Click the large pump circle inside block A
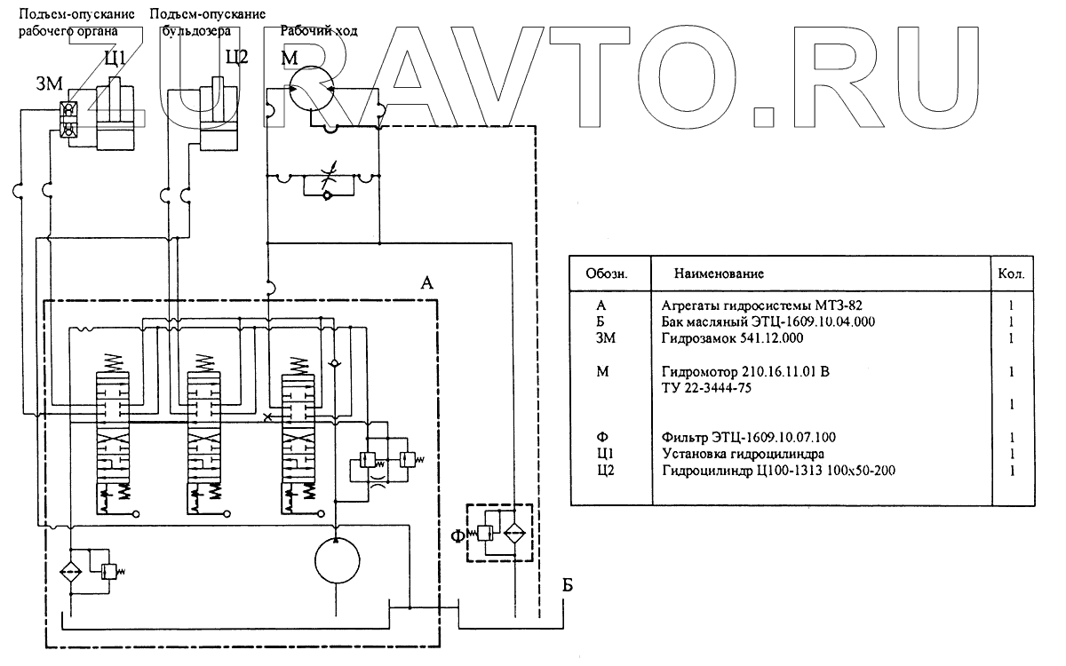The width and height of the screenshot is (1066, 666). (x=338, y=560)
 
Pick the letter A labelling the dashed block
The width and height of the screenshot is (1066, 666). (x=426, y=283)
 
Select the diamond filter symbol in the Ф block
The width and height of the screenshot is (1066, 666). (x=513, y=534)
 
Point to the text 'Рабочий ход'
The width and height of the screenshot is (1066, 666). (x=319, y=31)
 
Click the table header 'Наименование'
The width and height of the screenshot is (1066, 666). (x=719, y=274)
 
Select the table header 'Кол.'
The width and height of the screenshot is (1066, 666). (x=1011, y=274)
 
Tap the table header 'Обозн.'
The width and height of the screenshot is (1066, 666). (x=607, y=274)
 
